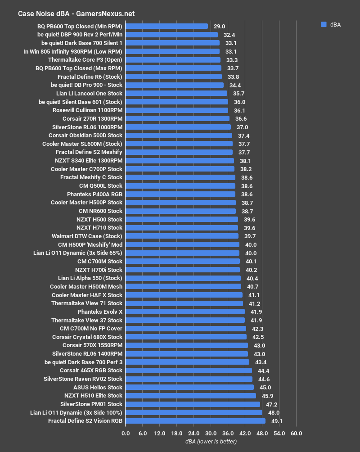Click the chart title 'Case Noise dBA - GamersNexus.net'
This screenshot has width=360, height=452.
point(76,14)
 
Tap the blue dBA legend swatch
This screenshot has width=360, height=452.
point(324,25)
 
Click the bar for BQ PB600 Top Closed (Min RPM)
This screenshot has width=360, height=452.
point(166,26)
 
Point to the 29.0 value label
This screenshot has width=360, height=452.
point(220,27)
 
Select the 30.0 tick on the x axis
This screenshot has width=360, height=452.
point(211,434)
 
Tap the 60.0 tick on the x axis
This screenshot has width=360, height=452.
point(296,434)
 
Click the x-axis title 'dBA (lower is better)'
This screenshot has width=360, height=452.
point(211,442)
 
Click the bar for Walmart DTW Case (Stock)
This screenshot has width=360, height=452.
point(182,236)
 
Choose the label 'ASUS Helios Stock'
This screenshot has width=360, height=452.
point(98,387)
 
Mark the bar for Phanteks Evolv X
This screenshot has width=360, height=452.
point(185,312)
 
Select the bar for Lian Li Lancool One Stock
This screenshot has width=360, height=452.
point(176,94)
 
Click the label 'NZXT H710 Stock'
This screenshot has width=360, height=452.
point(99,227)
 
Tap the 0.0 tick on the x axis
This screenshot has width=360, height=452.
point(126,434)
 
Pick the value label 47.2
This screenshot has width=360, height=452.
point(271,404)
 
